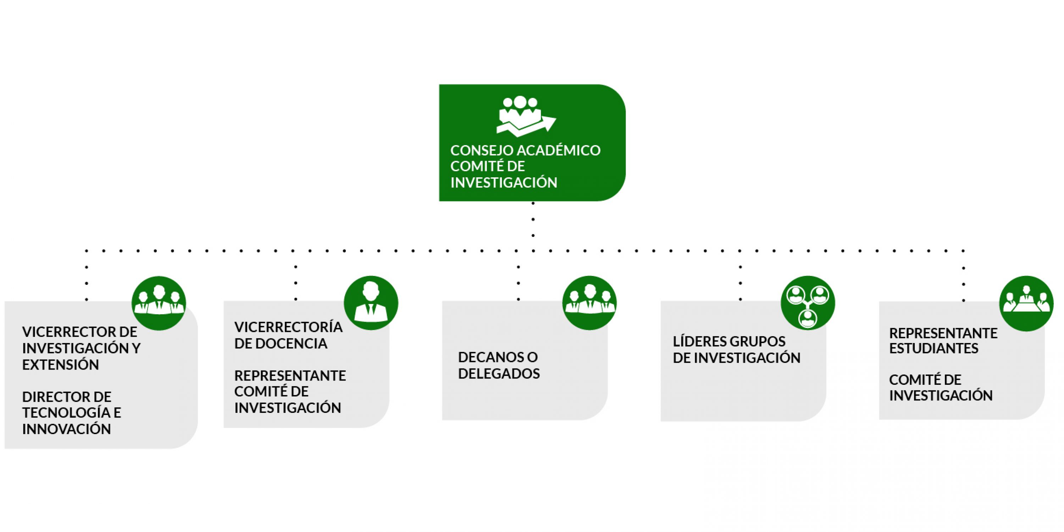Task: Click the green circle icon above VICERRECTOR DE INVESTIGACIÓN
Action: (x=159, y=303)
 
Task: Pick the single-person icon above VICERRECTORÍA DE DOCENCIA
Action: (x=371, y=303)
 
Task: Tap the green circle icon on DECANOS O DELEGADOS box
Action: (x=589, y=303)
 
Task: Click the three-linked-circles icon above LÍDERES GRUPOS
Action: (x=808, y=303)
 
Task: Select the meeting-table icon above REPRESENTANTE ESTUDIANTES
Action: (x=1026, y=304)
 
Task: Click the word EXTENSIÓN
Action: (x=60, y=365)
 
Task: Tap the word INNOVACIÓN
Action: (x=67, y=429)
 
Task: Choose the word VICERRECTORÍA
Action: (x=288, y=327)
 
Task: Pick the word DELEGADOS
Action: (x=499, y=373)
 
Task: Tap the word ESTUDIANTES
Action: (x=933, y=349)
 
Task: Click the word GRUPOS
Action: (x=758, y=342)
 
